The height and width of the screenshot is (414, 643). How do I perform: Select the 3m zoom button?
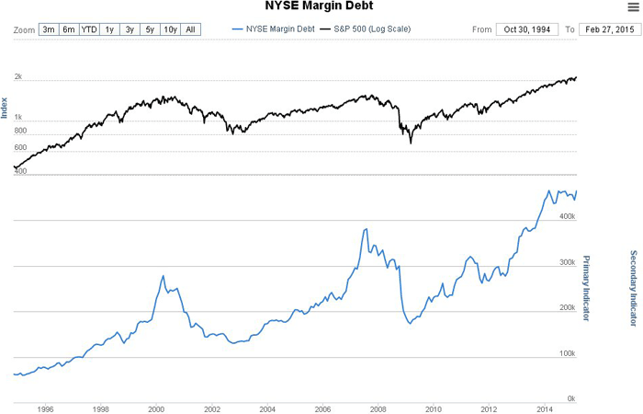coord(49,29)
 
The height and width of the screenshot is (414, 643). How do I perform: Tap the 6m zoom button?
coord(69,29)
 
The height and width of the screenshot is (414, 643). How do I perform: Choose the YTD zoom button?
coord(90,29)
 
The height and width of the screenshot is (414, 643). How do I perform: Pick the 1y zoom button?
coord(110,29)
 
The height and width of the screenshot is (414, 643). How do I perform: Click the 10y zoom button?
coord(170,29)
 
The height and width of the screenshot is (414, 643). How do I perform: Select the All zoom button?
coord(190,29)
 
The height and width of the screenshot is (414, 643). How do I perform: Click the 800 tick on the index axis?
coord(20,132)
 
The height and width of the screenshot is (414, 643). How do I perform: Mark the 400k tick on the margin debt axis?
coord(567,217)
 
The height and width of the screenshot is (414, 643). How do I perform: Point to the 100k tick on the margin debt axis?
coord(567,353)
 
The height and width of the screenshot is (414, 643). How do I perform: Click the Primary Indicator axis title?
coord(587,288)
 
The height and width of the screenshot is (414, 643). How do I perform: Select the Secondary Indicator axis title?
coord(633,288)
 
